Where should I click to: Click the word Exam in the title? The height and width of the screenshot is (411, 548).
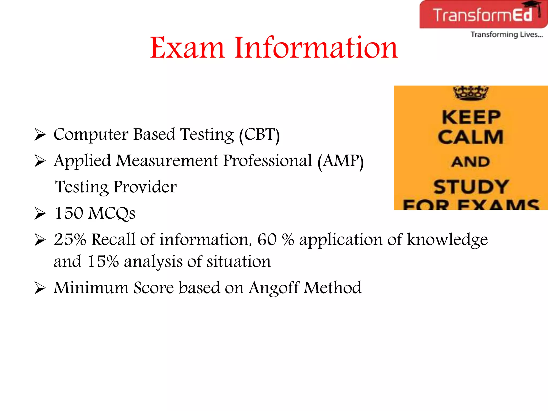point(187,48)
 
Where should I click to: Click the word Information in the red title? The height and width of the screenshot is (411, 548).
point(316,48)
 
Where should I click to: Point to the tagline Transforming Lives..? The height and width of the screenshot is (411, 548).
point(507,35)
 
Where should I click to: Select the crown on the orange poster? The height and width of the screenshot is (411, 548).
point(471,93)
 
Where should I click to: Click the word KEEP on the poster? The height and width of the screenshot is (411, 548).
point(471,117)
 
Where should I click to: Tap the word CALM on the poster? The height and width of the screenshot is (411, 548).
point(471,137)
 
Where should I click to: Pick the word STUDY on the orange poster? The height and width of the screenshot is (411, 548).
point(471,187)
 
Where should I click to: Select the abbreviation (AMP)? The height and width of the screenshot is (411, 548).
point(340,161)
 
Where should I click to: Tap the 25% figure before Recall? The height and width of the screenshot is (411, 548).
point(70,239)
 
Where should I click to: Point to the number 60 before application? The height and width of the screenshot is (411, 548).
point(267,239)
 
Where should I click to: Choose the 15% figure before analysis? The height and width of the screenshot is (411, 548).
point(103,261)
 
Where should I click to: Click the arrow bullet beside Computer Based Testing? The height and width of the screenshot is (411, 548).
point(40,135)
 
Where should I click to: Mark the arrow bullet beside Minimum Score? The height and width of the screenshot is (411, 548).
point(40,288)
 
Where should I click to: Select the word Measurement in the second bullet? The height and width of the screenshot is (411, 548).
point(167,161)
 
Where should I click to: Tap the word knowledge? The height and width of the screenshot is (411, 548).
point(447,239)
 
